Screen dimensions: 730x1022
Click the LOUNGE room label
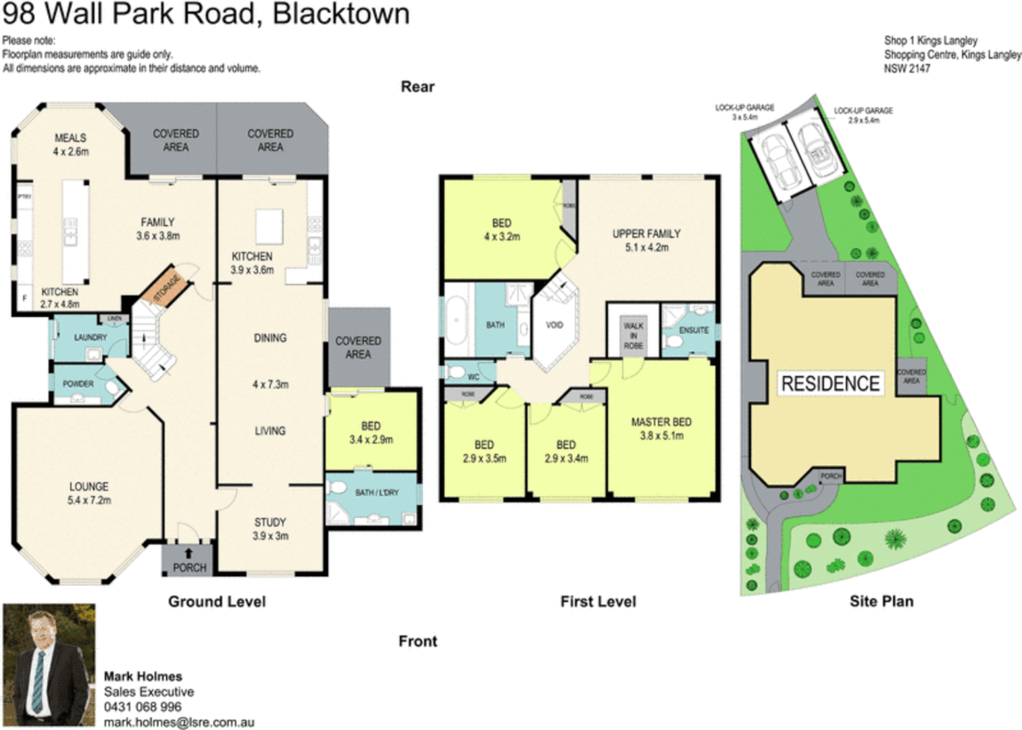pyautogui.click(x=88, y=487)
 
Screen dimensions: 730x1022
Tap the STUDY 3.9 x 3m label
pyautogui.click(x=270, y=529)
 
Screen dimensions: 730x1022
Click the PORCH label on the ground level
pyautogui.click(x=189, y=568)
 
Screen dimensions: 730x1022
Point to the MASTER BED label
pyautogui.click(x=661, y=422)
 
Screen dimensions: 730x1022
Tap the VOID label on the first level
pyautogui.click(x=554, y=325)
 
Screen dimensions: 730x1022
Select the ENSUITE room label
pyautogui.click(x=693, y=331)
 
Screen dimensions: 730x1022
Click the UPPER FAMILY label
pyautogui.click(x=646, y=234)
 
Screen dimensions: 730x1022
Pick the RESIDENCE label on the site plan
pyautogui.click(x=830, y=384)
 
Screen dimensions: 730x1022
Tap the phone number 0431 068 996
pyautogui.click(x=143, y=707)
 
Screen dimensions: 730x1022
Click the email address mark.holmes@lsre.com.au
pyautogui.click(x=179, y=723)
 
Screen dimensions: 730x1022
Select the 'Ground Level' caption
pyautogui.click(x=217, y=602)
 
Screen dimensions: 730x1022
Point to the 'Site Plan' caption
pyautogui.click(x=881, y=602)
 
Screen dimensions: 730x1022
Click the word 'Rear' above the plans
pyautogui.click(x=417, y=87)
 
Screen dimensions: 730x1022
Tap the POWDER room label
pyautogui.click(x=78, y=384)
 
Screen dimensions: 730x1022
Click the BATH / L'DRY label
pyautogui.click(x=377, y=493)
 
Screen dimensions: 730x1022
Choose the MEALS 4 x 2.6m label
pyautogui.click(x=70, y=145)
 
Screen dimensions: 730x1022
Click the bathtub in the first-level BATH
pyautogui.click(x=458, y=319)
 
